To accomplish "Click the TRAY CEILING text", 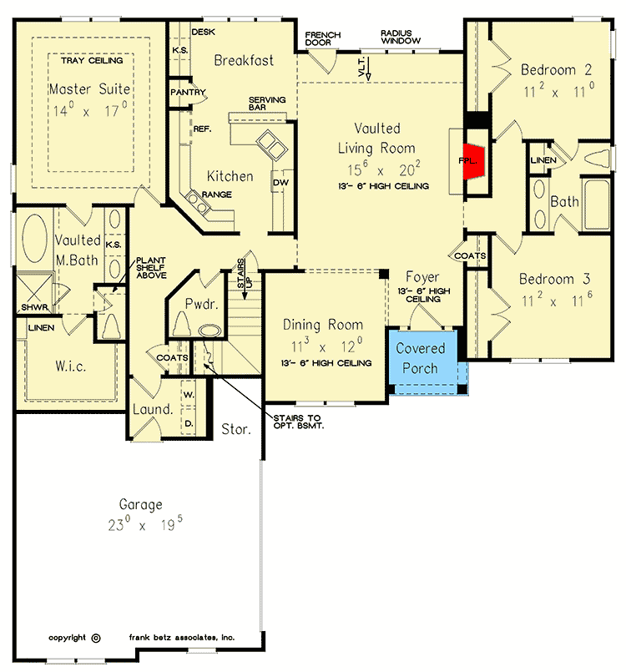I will (92, 60).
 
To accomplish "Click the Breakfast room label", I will (244, 60).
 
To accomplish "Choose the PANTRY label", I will (188, 92).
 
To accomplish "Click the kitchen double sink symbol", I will (270, 144).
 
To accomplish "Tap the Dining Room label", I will (322, 325).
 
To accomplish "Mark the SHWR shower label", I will (33, 307).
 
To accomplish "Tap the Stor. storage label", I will (236, 430).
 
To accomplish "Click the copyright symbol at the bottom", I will (95, 638).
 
